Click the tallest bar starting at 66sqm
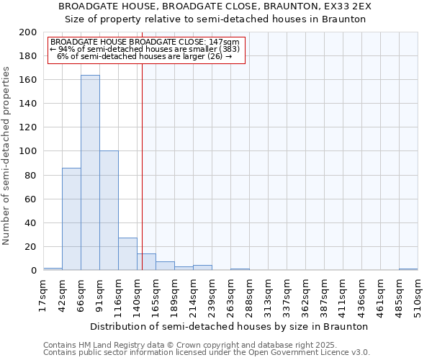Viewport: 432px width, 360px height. pos(90,173)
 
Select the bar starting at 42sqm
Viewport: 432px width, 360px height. pos(71,219)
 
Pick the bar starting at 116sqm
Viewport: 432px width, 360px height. pos(127,253)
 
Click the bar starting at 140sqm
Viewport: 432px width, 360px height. pos(146,262)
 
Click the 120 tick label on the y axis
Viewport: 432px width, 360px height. pos(28,127)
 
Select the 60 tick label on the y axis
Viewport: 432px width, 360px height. pos(31,199)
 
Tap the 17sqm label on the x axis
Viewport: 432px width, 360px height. pos(44,294)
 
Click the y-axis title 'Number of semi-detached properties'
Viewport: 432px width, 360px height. pos(7,156)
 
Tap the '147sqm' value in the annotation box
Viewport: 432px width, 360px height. pos(226,42)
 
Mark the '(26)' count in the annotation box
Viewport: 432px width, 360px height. pos(215,56)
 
